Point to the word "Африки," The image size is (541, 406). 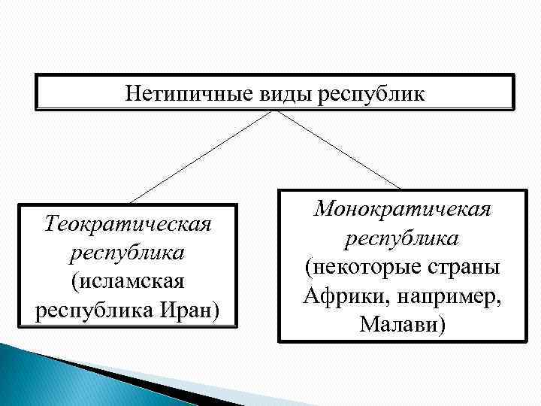[343, 296]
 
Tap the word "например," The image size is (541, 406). [449, 296]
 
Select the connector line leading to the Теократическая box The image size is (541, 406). [203, 156]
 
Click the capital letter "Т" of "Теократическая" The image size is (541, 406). [50, 223]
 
